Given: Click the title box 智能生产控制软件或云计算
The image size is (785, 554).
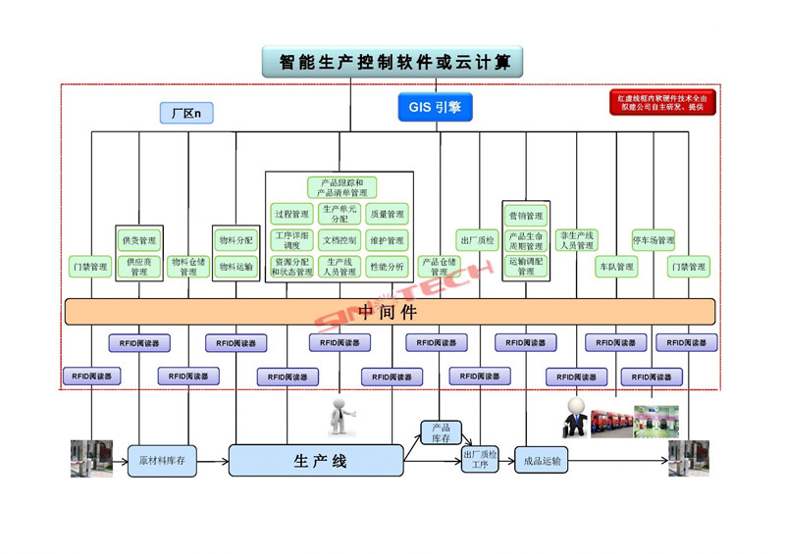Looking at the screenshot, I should click(392, 62).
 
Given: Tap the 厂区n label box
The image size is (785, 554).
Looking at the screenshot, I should click(185, 114).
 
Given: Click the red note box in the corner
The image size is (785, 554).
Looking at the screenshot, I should click(662, 102).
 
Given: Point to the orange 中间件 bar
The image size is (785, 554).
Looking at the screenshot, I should click(390, 312).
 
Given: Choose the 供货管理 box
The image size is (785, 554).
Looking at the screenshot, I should click(139, 240).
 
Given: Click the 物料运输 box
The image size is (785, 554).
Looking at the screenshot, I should click(235, 266).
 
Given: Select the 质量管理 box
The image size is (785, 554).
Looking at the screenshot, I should click(387, 214).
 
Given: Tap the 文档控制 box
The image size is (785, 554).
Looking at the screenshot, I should click(340, 240).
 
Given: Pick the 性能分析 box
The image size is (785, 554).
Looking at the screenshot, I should click(387, 266).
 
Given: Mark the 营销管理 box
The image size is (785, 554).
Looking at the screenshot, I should click(526, 216).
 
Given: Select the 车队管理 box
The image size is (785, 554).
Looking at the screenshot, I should click(616, 266).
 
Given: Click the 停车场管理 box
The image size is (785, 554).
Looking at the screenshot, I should click(653, 240).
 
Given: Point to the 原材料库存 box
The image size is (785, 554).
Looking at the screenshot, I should click(162, 460).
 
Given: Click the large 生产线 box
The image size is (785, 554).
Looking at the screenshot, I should click(316, 460).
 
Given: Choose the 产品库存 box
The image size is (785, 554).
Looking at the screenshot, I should click(441, 432).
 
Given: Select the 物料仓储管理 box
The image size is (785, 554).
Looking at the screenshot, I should click(188, 266).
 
